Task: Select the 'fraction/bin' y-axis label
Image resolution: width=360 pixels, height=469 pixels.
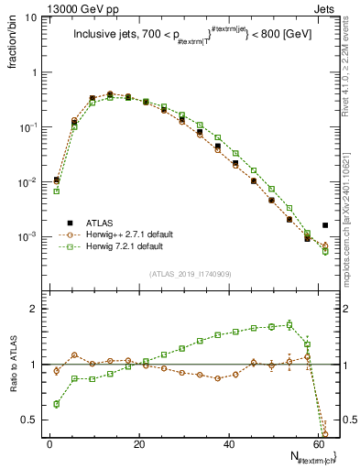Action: click(15, 48)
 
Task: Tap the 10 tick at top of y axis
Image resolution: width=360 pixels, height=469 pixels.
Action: click(30, 17)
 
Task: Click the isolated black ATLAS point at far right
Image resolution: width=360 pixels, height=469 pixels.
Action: click(326, 225)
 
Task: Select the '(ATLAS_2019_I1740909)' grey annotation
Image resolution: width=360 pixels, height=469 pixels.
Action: click(190, 273)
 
